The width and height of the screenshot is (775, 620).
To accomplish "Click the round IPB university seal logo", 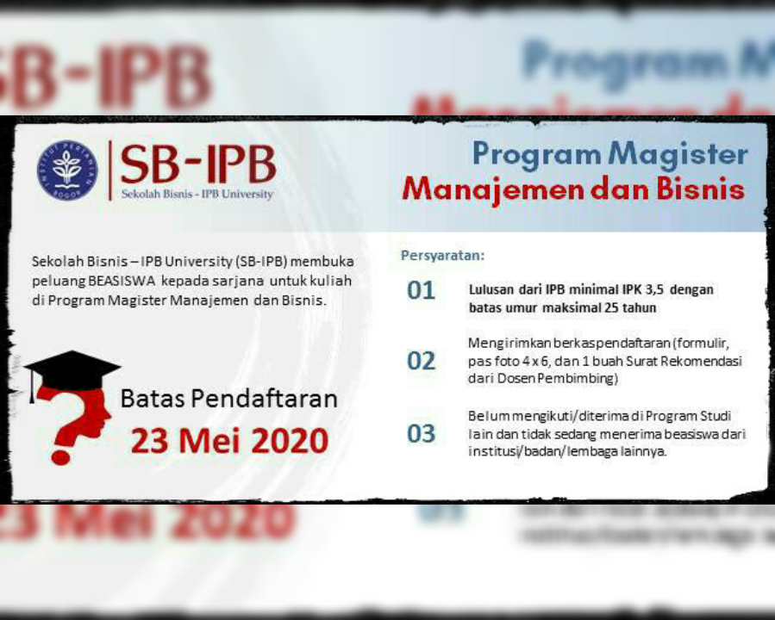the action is coord(67,170).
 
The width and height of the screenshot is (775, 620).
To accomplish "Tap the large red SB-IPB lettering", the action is coord(197,164).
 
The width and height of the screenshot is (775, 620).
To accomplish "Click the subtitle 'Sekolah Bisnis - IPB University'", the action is coord(197,194).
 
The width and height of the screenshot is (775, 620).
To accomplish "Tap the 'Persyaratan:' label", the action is coord(442,256).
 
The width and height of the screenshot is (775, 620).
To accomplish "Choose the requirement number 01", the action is coord(421,290).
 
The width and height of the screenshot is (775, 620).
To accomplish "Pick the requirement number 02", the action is coord(421,361).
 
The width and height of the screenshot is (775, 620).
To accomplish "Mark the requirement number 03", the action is coord(421,433).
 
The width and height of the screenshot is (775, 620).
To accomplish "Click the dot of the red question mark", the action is coord(60,457).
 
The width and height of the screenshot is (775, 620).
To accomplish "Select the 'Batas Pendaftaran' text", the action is coord(228,399).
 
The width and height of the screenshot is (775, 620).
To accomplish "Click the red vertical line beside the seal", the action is coord(109,170).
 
